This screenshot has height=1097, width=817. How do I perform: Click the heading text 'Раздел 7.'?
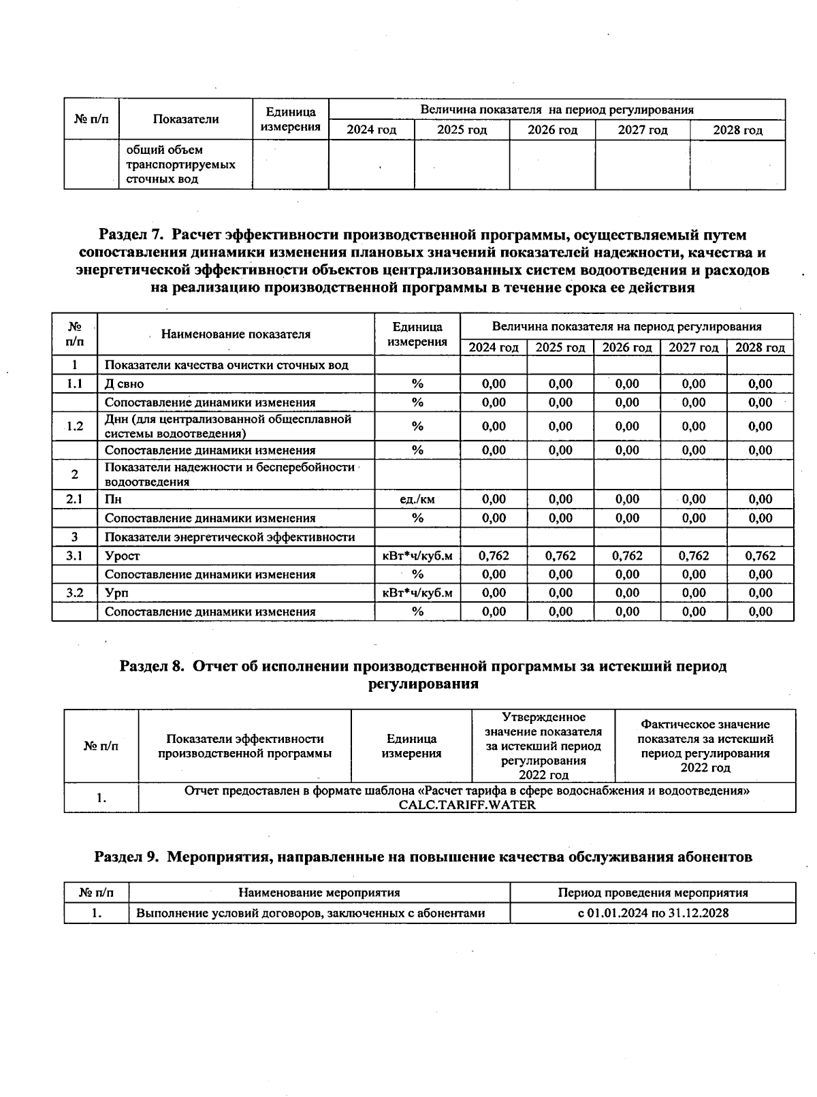(131, 236)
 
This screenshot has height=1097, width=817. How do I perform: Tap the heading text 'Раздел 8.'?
(152, 666)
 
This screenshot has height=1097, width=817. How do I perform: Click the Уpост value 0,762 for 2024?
(494, 556)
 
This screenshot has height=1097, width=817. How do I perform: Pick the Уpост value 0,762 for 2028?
(760, 556)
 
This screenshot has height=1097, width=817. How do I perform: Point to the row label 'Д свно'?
(125, 384)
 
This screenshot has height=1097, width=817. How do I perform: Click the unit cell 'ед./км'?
(417, 499)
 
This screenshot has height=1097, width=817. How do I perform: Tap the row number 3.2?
(75, 593)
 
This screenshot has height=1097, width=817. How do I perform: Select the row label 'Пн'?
(112, 499)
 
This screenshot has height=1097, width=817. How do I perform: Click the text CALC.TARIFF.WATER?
(467, 805)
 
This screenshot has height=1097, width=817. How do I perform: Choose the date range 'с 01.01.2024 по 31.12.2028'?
(652, 913)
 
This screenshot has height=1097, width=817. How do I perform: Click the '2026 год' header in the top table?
(552, 130)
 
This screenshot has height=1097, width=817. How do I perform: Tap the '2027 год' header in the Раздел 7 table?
(693, 347)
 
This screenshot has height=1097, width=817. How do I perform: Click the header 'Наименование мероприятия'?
(319, 893)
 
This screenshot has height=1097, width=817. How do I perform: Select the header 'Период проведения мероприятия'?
(652, 893)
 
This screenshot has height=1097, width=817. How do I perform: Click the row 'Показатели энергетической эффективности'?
(229, 537)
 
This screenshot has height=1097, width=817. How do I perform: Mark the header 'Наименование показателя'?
(236, 334)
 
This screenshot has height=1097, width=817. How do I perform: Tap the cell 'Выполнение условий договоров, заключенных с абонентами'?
(310, 913)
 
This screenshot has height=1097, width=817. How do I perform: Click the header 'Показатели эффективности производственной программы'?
(244, 746)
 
